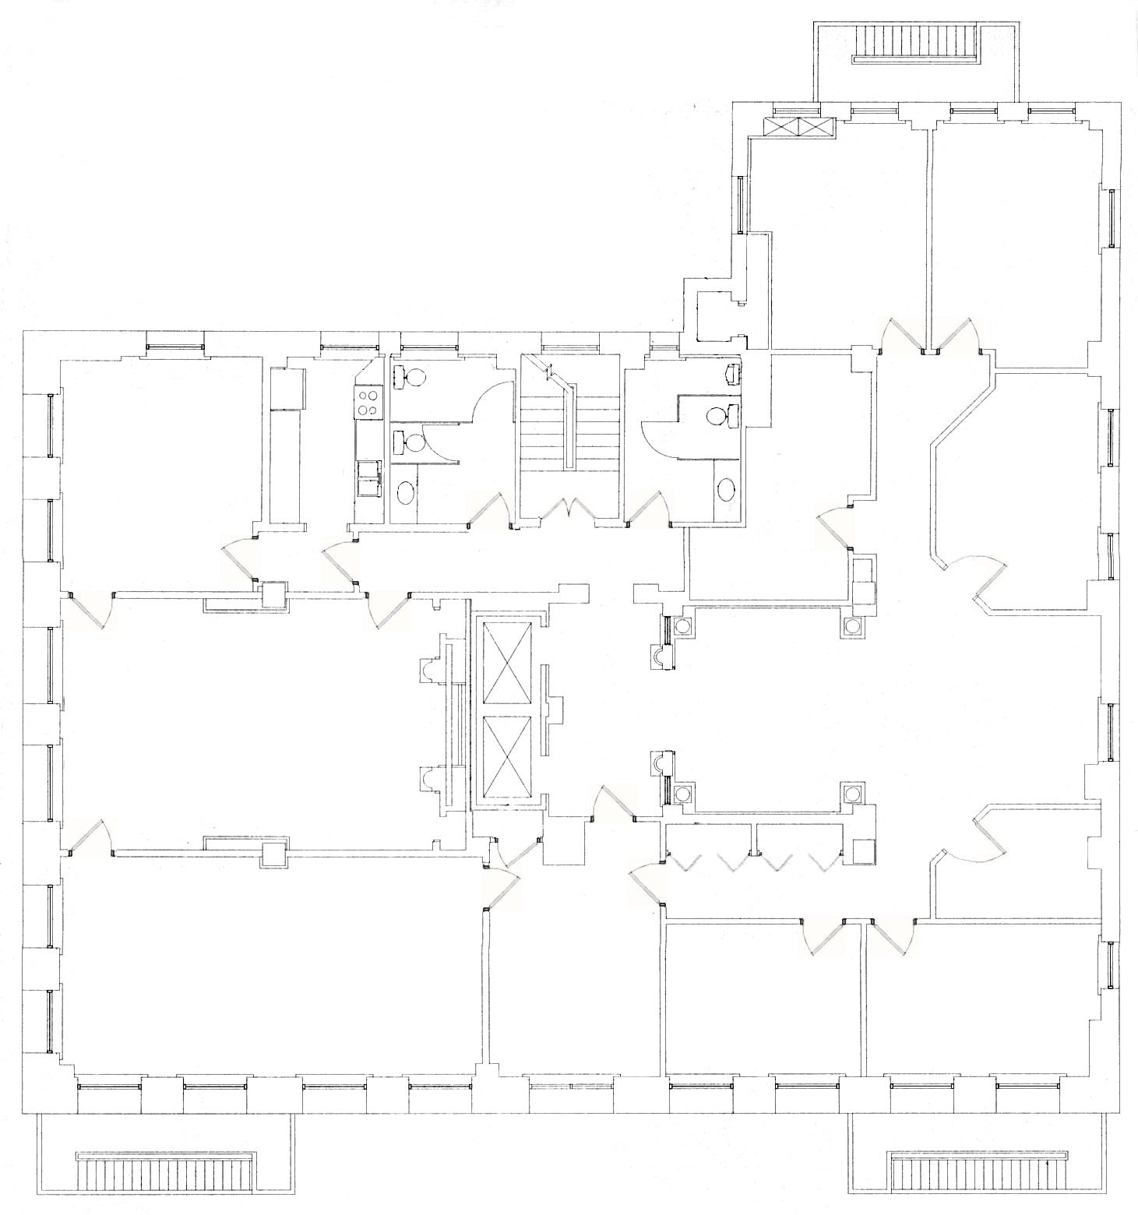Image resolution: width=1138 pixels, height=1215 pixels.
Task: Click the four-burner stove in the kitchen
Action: tap(367, 403)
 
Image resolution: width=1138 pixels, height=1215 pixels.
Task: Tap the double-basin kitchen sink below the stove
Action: tap(367, 477)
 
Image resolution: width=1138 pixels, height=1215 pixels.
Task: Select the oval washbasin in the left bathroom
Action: tap(407, 492)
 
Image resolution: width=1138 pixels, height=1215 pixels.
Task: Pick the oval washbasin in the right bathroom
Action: tap(726, 490)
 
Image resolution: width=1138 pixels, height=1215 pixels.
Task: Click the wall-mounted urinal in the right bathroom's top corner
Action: tap(733, 374)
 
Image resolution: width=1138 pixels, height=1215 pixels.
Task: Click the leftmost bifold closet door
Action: tap(686, 863)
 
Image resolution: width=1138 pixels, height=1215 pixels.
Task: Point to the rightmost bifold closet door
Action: tap(823, 863)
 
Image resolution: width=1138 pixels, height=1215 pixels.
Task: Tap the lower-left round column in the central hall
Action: tap(683, 794)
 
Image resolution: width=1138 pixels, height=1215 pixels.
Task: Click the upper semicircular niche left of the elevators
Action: tap(429, 670)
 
